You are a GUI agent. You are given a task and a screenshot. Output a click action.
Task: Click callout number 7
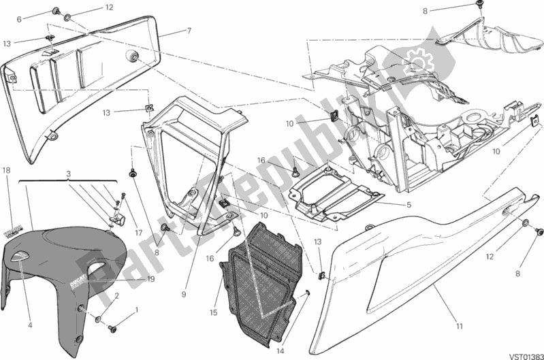(x=189, y=31)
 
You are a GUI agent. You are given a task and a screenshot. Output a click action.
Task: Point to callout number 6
(x=29, y=19)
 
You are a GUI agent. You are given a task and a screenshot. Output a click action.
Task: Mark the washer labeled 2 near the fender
(x=100, y=318)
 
